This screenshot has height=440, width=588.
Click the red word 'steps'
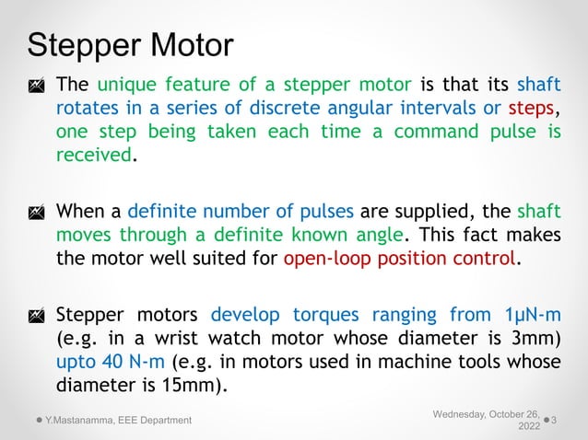point(533,109)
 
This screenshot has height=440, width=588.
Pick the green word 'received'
point(94,154)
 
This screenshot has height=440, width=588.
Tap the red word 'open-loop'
point(325,259)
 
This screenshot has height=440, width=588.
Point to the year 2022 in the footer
point(530,427)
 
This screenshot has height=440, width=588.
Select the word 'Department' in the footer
point(164,421)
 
